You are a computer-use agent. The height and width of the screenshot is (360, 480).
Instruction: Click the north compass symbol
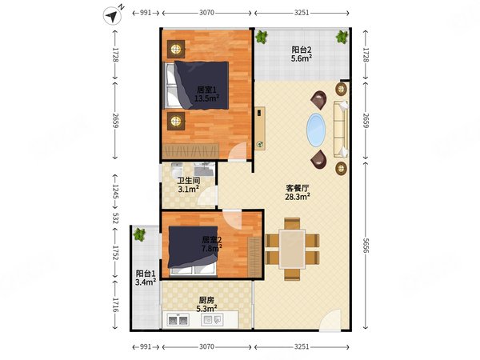pos(112,15)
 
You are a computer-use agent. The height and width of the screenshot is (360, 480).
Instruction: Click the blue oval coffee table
pos(316,130)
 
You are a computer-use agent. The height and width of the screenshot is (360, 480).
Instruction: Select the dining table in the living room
pos(292,249)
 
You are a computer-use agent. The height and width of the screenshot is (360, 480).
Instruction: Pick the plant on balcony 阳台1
pos(139,234)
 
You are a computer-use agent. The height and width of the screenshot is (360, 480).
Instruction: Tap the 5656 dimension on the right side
pos(366,246)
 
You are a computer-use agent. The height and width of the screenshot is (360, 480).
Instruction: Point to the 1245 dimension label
pos(115,192)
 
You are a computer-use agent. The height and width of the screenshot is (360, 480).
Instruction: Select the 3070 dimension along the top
pos(206,13)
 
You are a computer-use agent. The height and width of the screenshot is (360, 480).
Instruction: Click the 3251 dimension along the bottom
pos(302,347)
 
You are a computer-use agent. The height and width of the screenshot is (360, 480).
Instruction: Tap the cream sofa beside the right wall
pos(341,129)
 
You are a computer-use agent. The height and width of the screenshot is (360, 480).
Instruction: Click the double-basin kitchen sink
pos(178,320)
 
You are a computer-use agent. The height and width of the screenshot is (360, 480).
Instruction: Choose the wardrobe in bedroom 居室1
pos(190,151)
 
